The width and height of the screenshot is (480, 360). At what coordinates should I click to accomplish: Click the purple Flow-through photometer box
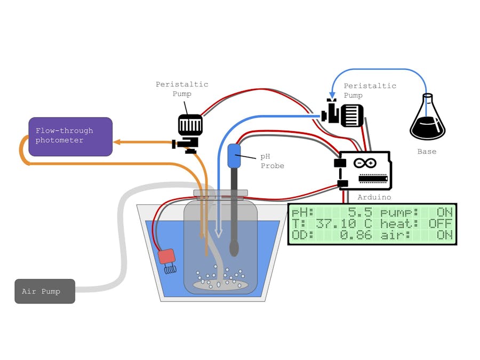pyautogui.click(x=70, y=137)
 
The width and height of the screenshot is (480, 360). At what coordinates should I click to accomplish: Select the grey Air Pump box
pyautogui.click(x=45, y=291)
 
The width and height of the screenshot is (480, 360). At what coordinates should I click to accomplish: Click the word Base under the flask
pyautogui.click(x=427, y=151)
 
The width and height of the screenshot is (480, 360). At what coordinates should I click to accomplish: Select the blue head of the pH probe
pyautogui.click(x=234, y=155)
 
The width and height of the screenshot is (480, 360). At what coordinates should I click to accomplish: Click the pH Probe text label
pyautogui.click(x=272, y=161)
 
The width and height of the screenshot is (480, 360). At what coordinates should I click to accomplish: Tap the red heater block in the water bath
pyautogui.click(x=166, y=256)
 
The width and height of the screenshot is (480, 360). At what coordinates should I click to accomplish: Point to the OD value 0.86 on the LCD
pyautogui.click(x=356, y=235)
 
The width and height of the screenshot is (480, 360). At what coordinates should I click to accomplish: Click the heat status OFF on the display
pyautogui.click(x=440, y=223)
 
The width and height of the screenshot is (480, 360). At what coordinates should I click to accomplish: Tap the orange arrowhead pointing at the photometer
pyautogui.click(x=117, y=142)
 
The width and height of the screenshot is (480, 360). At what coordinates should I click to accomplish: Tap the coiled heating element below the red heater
pyautogui.click(x=169, y=269)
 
